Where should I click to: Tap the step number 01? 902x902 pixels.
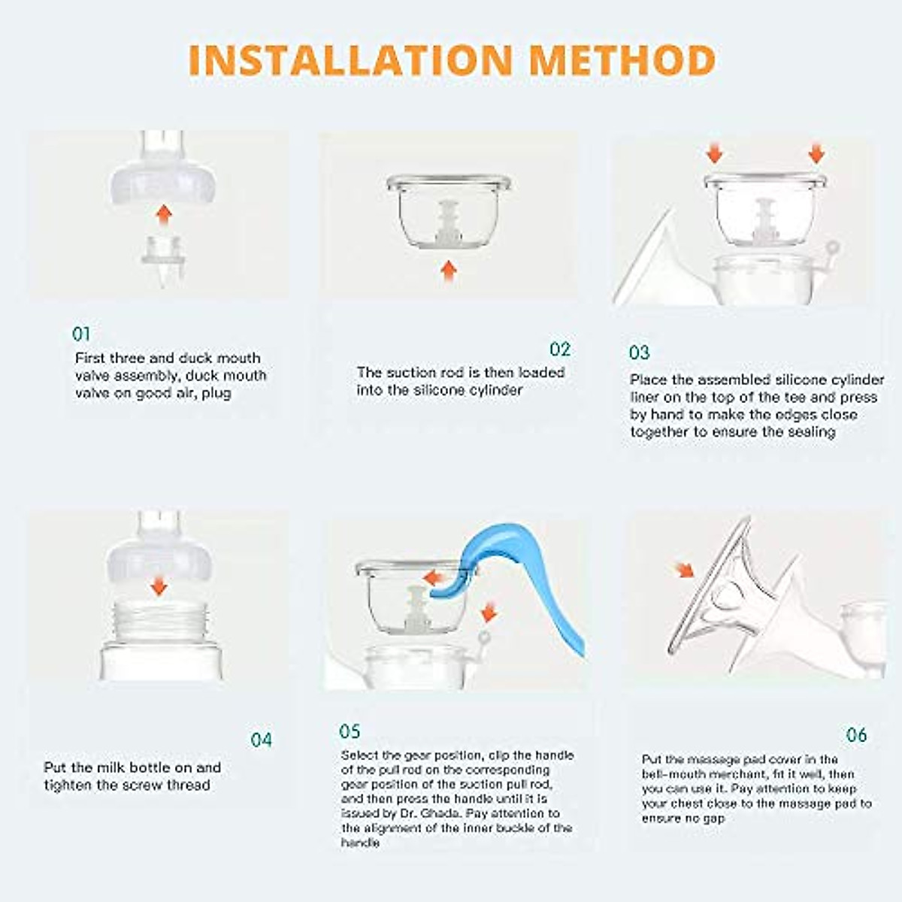(81, 334)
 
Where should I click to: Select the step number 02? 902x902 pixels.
(560, 349)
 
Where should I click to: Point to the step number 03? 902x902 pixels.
(639, 353)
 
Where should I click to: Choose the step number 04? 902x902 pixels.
(261, 740)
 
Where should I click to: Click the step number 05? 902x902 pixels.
(350, 731)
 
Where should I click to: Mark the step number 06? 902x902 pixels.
(856, 734)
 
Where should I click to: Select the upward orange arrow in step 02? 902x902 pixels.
(449, 270)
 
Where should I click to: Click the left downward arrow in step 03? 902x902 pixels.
(715, 154)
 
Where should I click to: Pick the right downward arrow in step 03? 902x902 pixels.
(816, 154)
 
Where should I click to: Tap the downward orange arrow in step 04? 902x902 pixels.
(159, 584)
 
